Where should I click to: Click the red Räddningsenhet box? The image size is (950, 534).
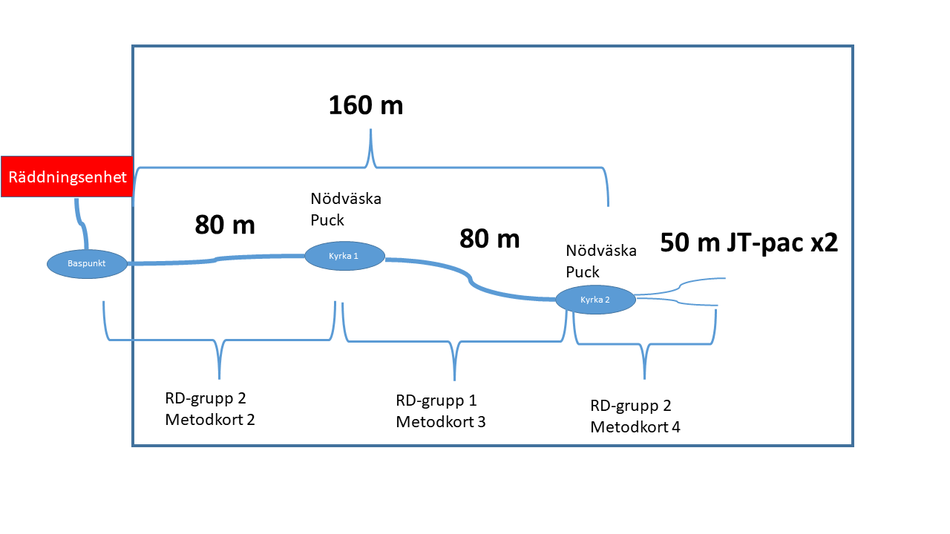pyautogui.click(x=67, y=177)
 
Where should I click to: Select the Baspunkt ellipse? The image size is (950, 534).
pyautogui.click(x=88, y=263)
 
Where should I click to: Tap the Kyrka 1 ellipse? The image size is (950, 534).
pyautogui.click(x=344, y=256)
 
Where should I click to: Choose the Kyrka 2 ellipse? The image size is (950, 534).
pyautogui.click(x=595, y=300)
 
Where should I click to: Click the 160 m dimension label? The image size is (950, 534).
pyautogui.click(x=366, y=105)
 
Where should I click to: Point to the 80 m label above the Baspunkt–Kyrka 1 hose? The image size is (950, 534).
pyautogui.click(x=225, y=225)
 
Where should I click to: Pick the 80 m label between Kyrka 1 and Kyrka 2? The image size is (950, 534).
pyautogui.click(x=490, y=239)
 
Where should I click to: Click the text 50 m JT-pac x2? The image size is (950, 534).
pyautogui.click(x=749, y=243)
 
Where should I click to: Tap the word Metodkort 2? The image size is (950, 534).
pyautogui.click(x=210, y=419)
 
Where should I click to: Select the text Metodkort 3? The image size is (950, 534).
pyautogui.click(x=441, y=422)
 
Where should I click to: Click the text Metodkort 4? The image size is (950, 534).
pyautogui.click(x=635, y=427)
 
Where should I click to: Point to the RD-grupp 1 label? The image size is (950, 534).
pyautogui.click(x=436, y=401)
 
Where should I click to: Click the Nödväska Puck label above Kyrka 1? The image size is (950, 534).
pyautogui.click(x=346, y=210)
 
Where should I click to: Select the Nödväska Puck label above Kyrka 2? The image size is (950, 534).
pyautogui.click(x=601, y=261)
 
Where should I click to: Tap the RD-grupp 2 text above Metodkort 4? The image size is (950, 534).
pyautogui.click(x=631, y=406)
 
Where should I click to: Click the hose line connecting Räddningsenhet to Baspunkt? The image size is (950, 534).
pyautogui.click(x=81, y=225)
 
